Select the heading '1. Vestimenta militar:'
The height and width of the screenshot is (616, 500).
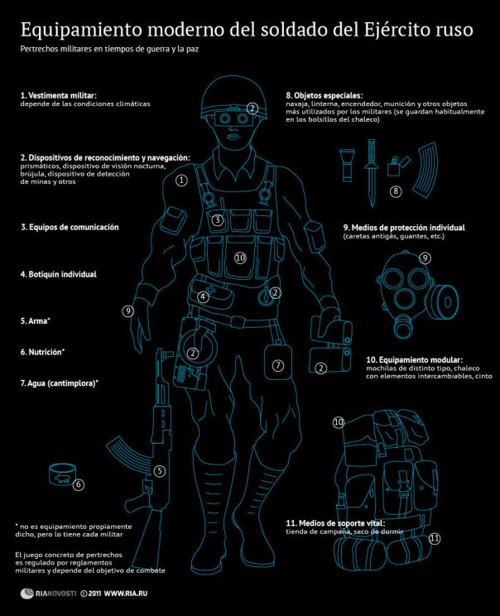coord(59,96)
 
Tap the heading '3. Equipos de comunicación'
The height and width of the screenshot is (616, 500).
coord(70,227)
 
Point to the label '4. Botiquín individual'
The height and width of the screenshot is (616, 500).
coord(59,274)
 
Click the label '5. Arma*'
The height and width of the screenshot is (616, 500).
coord(36,320)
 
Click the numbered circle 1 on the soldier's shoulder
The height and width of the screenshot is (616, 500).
coord(181,180)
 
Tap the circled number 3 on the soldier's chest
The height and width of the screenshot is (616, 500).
coord(217,220)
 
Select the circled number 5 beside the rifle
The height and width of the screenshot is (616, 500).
coord(160,471)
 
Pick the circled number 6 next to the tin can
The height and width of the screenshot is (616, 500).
coord(79,484)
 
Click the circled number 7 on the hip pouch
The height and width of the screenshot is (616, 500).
coord(278,365)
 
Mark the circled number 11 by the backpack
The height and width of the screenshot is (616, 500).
coord(435,538)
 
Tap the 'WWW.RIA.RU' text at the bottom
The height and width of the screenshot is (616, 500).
coord(134,594)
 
